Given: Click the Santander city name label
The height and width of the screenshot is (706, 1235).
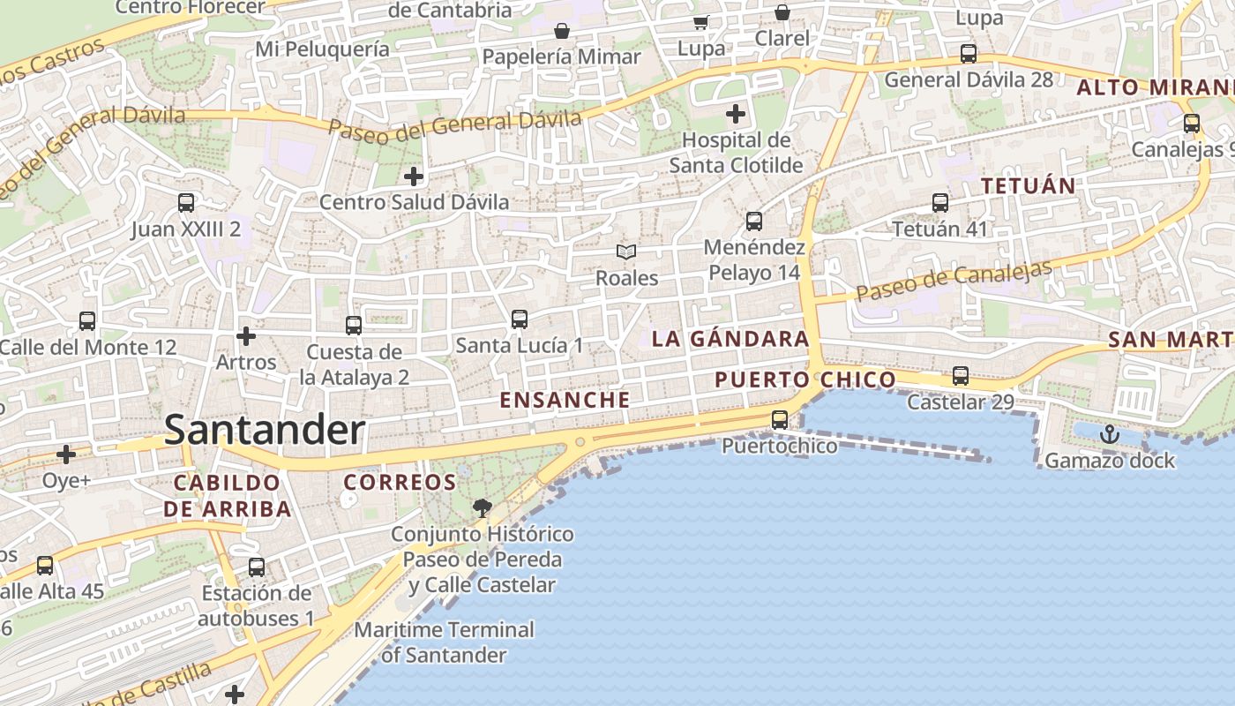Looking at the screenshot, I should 265,431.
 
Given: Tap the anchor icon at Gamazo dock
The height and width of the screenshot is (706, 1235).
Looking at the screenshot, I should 1110,434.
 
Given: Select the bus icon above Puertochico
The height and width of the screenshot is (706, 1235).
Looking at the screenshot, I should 780,420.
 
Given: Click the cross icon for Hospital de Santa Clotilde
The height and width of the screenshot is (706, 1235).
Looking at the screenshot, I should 736,114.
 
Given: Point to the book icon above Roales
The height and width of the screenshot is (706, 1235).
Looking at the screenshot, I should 626,252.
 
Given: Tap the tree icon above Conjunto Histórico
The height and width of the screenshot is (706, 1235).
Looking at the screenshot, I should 482,507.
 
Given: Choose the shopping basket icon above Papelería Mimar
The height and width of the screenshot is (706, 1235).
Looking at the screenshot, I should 562,32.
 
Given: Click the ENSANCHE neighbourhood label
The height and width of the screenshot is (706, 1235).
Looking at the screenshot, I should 565,400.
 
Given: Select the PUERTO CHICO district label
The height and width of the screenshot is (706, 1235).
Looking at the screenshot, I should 805,380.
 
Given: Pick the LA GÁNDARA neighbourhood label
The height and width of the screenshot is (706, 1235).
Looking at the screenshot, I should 730,339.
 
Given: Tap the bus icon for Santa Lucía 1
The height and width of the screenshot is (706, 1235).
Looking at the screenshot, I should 520,319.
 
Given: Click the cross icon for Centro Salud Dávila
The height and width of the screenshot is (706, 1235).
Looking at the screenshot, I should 413,176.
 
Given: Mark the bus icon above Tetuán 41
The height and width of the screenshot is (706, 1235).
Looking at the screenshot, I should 940,203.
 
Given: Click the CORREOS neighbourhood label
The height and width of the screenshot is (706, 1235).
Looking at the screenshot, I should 400,483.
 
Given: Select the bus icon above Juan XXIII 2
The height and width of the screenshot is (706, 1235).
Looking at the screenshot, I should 186,203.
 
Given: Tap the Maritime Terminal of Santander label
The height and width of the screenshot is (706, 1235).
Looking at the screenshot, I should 445,642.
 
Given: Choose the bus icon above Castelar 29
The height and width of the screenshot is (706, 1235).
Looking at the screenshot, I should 961,376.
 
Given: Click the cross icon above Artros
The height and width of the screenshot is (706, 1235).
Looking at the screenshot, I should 246,336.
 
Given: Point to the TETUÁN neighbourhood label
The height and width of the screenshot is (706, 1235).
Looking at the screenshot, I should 1029,186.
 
